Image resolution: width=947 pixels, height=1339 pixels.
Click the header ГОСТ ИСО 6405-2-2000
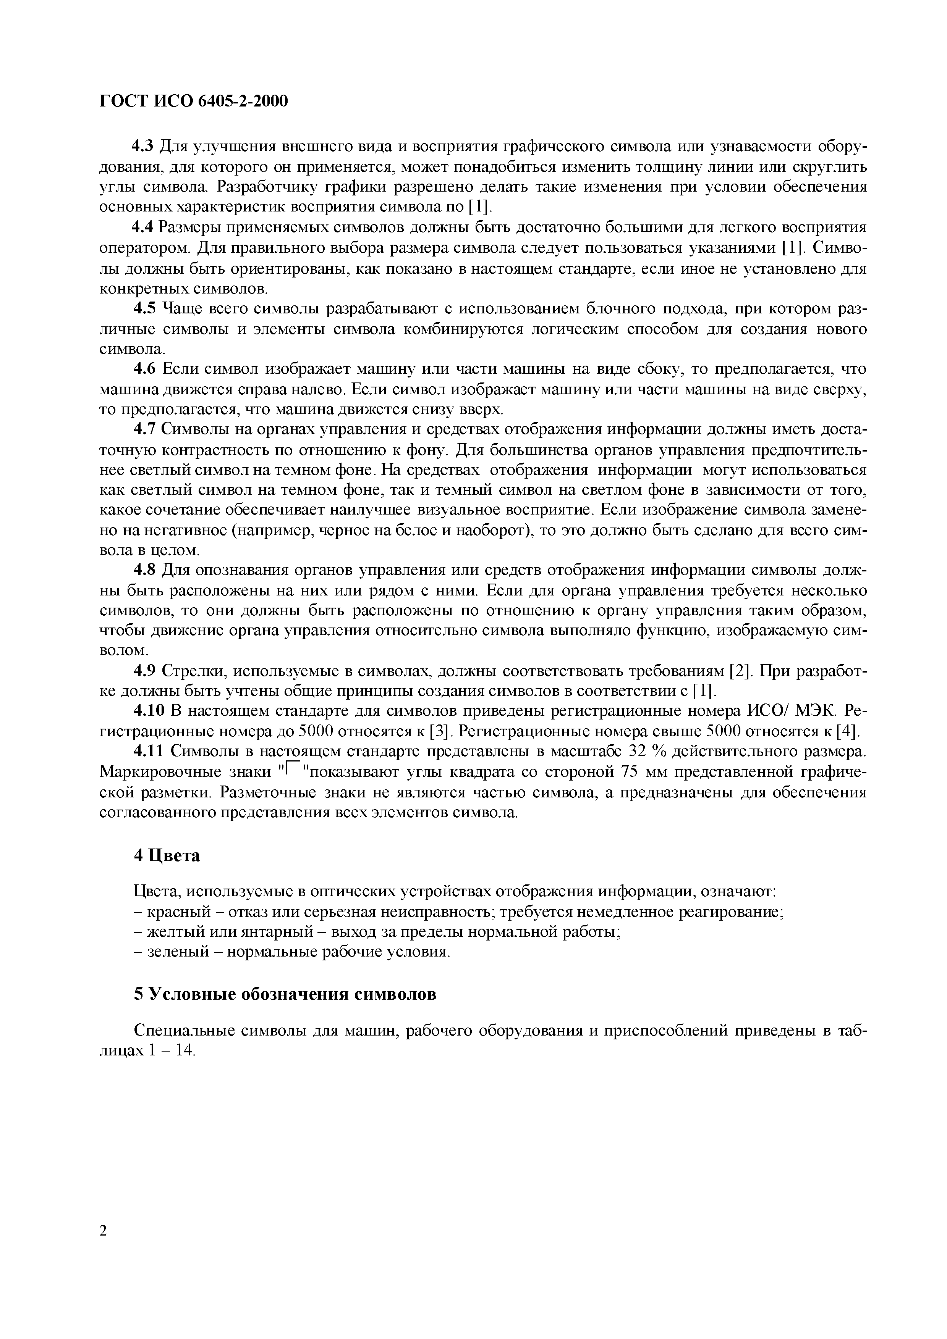[x=194, y=102]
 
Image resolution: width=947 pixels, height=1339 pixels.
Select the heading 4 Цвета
[x=167, y=855]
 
